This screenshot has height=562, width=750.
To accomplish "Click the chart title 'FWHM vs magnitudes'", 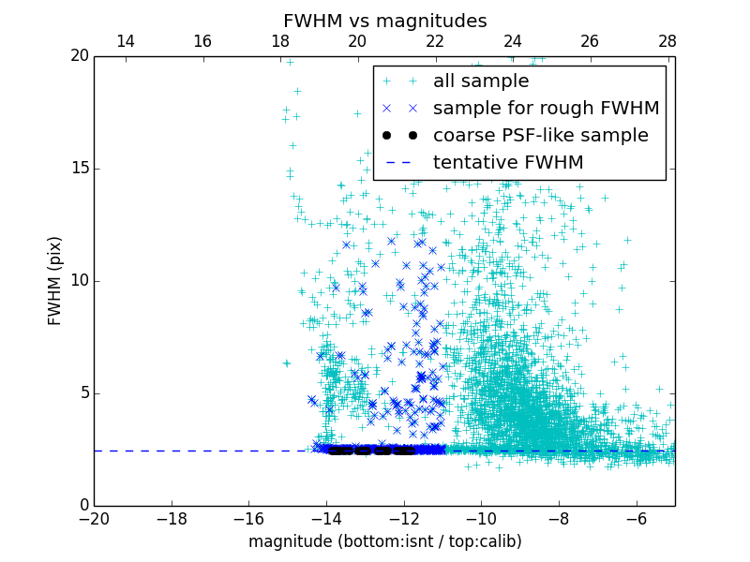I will pyautogui.click(x=384, y=21).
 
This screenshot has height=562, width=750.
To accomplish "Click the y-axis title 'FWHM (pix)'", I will pyautogui.click(x=55, y=280).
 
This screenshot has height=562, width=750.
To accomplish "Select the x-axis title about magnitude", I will pyautogui.click(x=384, y=541).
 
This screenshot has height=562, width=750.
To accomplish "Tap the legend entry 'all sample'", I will pyautogui.click(x=481, y=81).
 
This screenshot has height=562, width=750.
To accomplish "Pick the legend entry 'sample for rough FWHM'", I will pyautogui.click(x=546, y=109).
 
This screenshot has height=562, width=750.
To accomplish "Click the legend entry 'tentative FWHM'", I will pyautogui.click(x=508, y=163).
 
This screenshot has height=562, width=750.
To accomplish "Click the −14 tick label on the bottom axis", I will pyautogui.click(x=325, y=519).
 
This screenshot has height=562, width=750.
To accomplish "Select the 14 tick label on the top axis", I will pyautogui.click(x=125, y=41).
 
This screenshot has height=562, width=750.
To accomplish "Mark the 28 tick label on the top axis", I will pyautogui.click(x=667, y=41).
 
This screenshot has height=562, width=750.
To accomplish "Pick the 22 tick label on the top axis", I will pyautogui.click(x=435, y=41).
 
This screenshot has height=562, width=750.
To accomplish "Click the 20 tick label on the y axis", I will pyautogui.click(x=79, y=56).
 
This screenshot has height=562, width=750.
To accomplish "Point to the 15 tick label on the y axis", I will pyautogui.click(x=79, y=169).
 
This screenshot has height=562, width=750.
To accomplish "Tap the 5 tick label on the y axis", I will pyautogui.click(x=82, y=393).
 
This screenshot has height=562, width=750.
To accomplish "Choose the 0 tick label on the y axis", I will pyautogui.click(x=82, y=506).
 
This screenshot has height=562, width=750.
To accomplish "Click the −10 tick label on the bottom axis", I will pyautogui.click(x=480, y=519).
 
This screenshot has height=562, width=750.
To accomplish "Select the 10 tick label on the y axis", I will pyautogui.click(x=79, y=281).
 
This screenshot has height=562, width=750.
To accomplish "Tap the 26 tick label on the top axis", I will pyautogui.click(x=590, y=41).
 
